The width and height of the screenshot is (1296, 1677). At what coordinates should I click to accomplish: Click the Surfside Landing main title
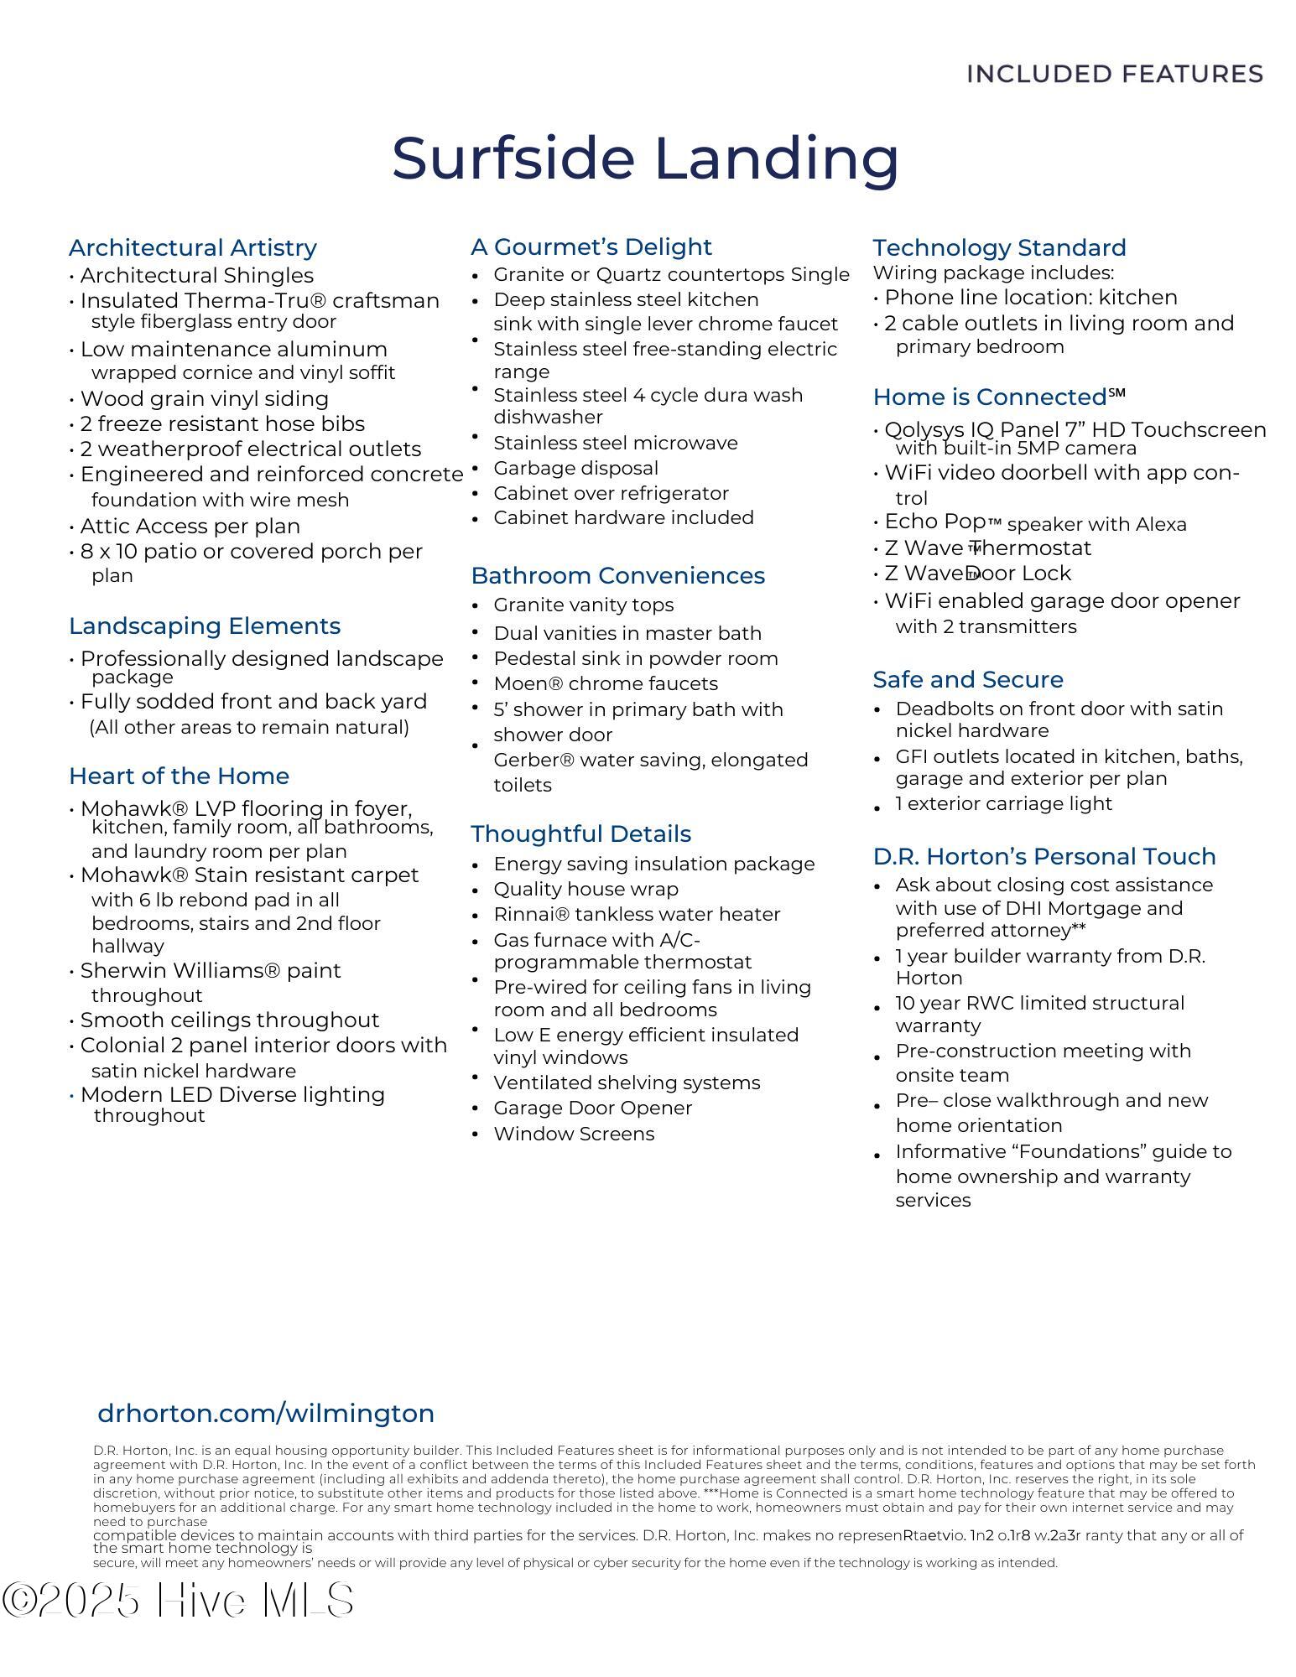tap(645, 158)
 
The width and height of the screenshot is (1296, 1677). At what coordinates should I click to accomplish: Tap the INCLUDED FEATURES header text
tap(1115, 74)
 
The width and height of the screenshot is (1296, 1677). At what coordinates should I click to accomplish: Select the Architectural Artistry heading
tap(193, 247)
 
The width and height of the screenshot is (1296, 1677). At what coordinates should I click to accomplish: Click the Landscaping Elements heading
tap(205, 626)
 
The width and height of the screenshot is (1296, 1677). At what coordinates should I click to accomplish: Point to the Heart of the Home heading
tap(179, 776)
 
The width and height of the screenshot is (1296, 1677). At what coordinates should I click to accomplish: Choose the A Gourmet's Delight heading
tap(591, 247)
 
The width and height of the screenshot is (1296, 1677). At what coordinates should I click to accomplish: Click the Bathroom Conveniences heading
tap(618, 575)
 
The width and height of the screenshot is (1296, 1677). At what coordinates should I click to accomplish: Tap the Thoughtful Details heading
tap(581, 833)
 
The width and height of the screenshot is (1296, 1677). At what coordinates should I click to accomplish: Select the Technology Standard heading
tap(999, 247)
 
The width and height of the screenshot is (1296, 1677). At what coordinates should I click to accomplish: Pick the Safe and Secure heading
tap(968, 679)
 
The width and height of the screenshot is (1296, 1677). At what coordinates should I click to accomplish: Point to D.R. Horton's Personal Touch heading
tap(1044, 856)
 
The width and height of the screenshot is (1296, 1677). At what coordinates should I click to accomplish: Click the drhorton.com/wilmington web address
tap(266, 1413)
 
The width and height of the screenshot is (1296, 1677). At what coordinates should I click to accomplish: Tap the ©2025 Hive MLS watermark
tap(178, 1601)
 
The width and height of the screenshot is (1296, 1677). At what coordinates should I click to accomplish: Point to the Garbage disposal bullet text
tap(575, 468)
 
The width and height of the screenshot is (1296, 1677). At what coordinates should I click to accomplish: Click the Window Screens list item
tap(574, 1134)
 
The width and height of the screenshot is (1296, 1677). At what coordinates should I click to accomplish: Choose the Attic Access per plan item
tap(190, 526)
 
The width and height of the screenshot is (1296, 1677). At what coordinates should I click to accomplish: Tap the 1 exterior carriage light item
tap(1003, 803)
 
